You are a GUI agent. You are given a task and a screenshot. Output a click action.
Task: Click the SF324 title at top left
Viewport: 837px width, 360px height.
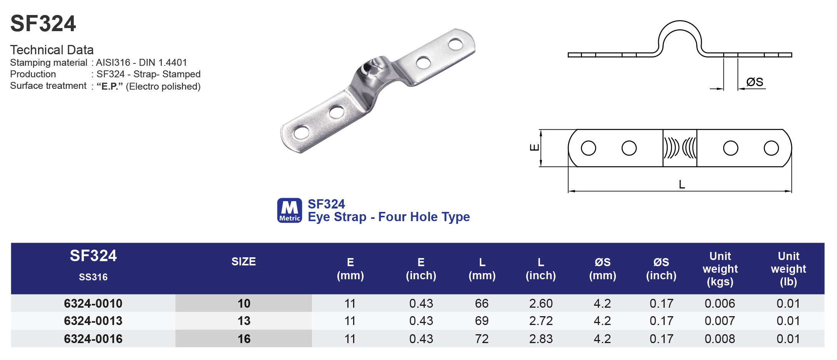[43, 24]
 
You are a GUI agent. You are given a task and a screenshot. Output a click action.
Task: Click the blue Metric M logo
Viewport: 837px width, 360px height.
[290, 210]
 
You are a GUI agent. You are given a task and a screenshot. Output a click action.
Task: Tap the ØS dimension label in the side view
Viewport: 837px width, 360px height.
[754, 82]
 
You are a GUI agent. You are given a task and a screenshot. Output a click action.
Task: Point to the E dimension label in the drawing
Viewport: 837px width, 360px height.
[534, 148]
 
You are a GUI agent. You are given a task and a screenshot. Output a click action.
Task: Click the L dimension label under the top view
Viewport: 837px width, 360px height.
[682, 185]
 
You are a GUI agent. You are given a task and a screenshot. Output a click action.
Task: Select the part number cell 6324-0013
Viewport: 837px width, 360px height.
[93, 321]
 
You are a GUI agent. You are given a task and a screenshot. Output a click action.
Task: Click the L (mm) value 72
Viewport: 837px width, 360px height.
[482, 339]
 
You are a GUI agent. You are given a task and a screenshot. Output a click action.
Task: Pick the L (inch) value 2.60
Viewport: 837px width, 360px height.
[540, 303]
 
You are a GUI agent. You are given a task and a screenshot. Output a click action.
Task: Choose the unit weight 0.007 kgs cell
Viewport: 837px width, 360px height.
[719, 321]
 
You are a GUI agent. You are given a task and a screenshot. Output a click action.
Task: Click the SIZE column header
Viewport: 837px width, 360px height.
[243, 262]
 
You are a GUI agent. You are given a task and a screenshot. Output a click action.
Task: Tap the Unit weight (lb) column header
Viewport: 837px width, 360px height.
[788, 268]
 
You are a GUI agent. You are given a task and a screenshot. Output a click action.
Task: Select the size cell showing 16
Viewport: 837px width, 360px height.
[244, 339]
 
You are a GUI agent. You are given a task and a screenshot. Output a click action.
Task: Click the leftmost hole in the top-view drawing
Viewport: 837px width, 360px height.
[589, 148]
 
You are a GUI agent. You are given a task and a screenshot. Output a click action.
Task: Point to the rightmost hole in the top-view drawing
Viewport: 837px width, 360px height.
[771, 148]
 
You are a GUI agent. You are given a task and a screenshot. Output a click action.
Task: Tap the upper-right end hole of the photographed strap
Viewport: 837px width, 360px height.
[455, 44]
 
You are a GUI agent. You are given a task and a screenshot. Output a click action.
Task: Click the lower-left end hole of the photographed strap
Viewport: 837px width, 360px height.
[301, 133]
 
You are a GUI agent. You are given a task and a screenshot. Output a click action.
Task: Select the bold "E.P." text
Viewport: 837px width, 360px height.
[110, 86]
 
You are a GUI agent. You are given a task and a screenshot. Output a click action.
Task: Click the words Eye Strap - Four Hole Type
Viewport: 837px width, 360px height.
[388, 217]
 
